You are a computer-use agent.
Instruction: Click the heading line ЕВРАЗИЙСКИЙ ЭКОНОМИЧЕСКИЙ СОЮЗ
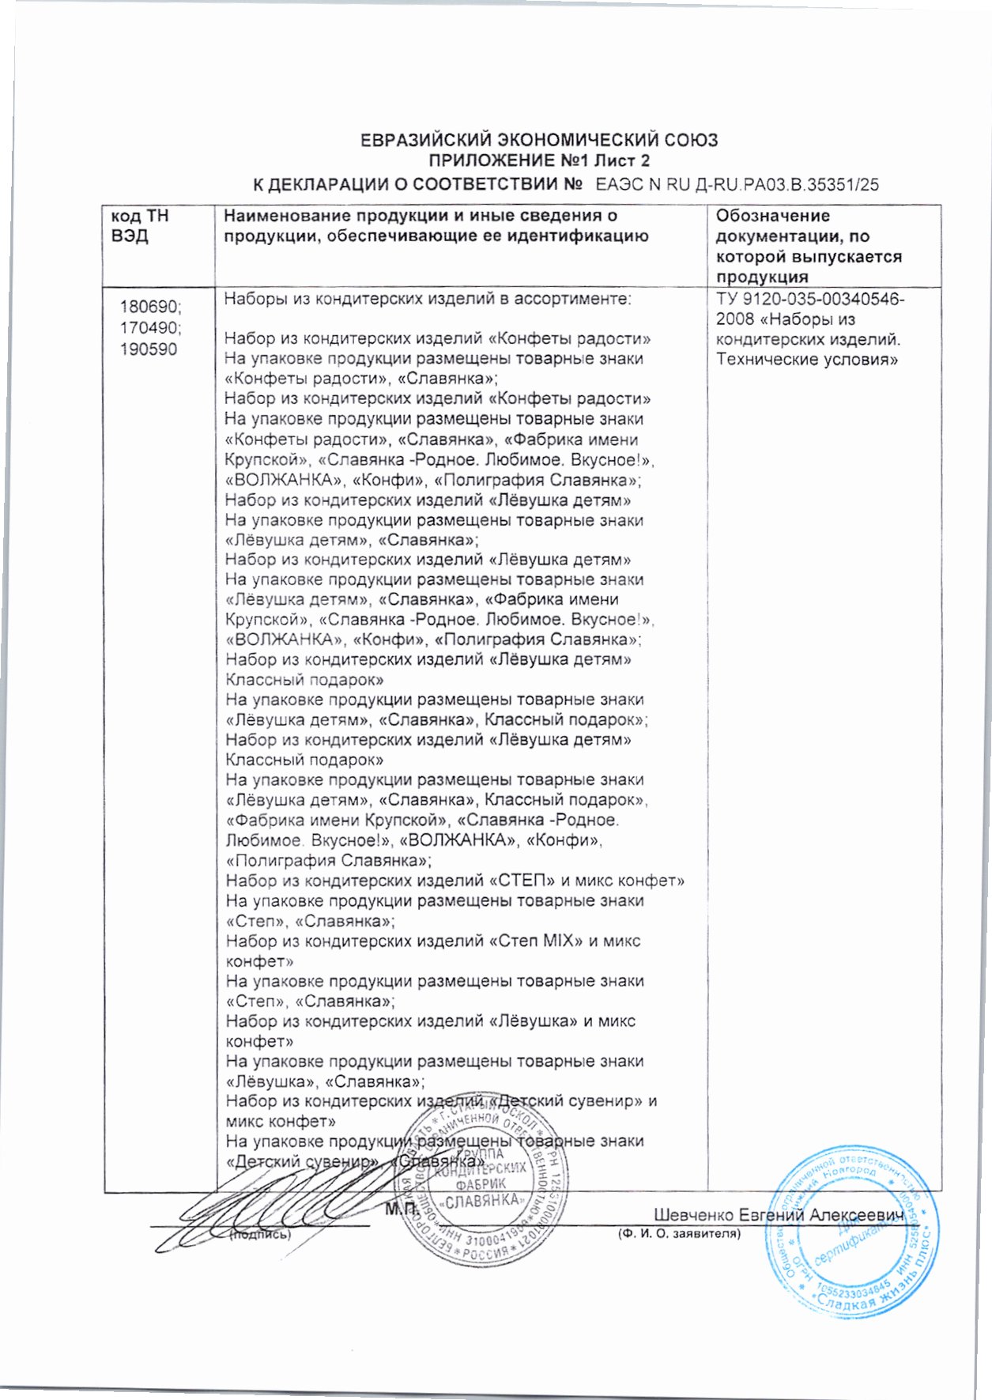coord(538,141)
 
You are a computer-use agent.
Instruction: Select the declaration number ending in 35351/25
coord(737,186)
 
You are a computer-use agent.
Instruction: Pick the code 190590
coord(149,349)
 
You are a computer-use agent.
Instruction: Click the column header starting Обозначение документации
coord(808,246)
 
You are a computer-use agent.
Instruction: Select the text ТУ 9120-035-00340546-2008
coord(809,309)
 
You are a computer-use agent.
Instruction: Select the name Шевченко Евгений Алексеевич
coord(778,1215)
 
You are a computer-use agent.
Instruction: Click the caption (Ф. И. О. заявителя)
coord(678,1233)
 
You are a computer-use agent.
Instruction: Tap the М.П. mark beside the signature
coord(401,1209)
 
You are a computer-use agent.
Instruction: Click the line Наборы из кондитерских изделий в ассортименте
coord(428,299)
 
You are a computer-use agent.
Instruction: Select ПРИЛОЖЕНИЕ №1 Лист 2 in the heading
coord(538,161)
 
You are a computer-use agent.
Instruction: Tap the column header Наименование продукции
coord(436,225)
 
